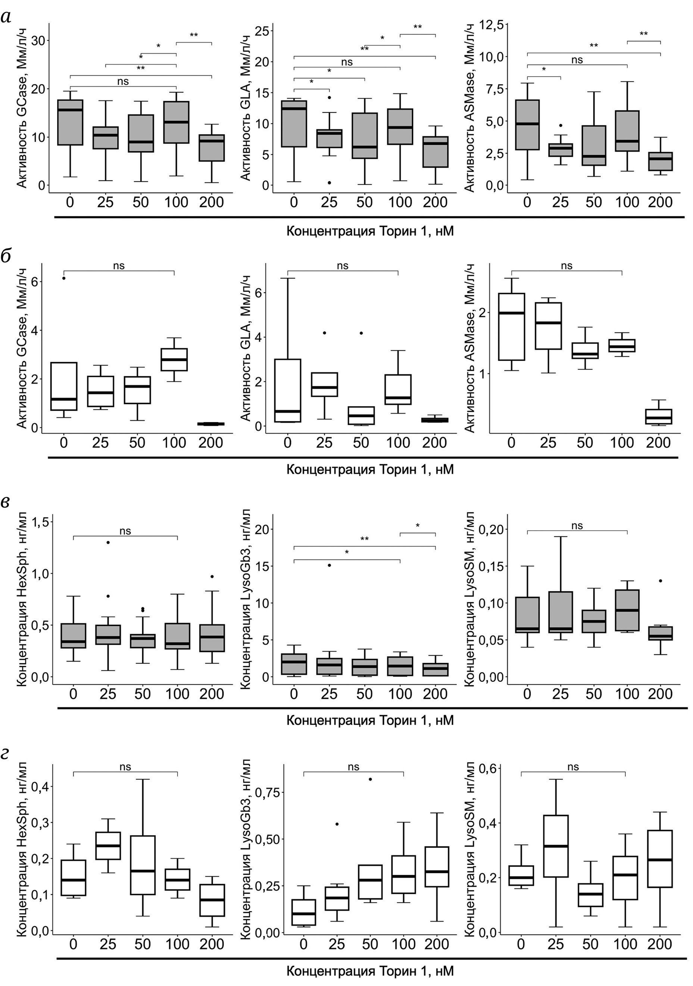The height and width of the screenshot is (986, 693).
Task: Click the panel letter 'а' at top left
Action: tap(6, 18)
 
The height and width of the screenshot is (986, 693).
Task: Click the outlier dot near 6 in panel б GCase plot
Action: tap(64, 278)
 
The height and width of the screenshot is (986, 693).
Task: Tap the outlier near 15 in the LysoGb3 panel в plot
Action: tap(329, 565)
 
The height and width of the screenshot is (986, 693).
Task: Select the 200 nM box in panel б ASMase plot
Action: tap(659, 416)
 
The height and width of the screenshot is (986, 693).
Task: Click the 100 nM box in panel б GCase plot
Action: tap(174, 359)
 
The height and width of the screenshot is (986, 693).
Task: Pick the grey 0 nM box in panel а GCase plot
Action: tap(70, 122)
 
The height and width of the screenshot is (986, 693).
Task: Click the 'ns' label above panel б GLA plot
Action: tap(343, 266)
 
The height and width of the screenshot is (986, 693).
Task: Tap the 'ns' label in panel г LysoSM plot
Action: tap(573, 767)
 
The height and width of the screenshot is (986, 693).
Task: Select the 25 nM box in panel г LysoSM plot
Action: tap(556, 846)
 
